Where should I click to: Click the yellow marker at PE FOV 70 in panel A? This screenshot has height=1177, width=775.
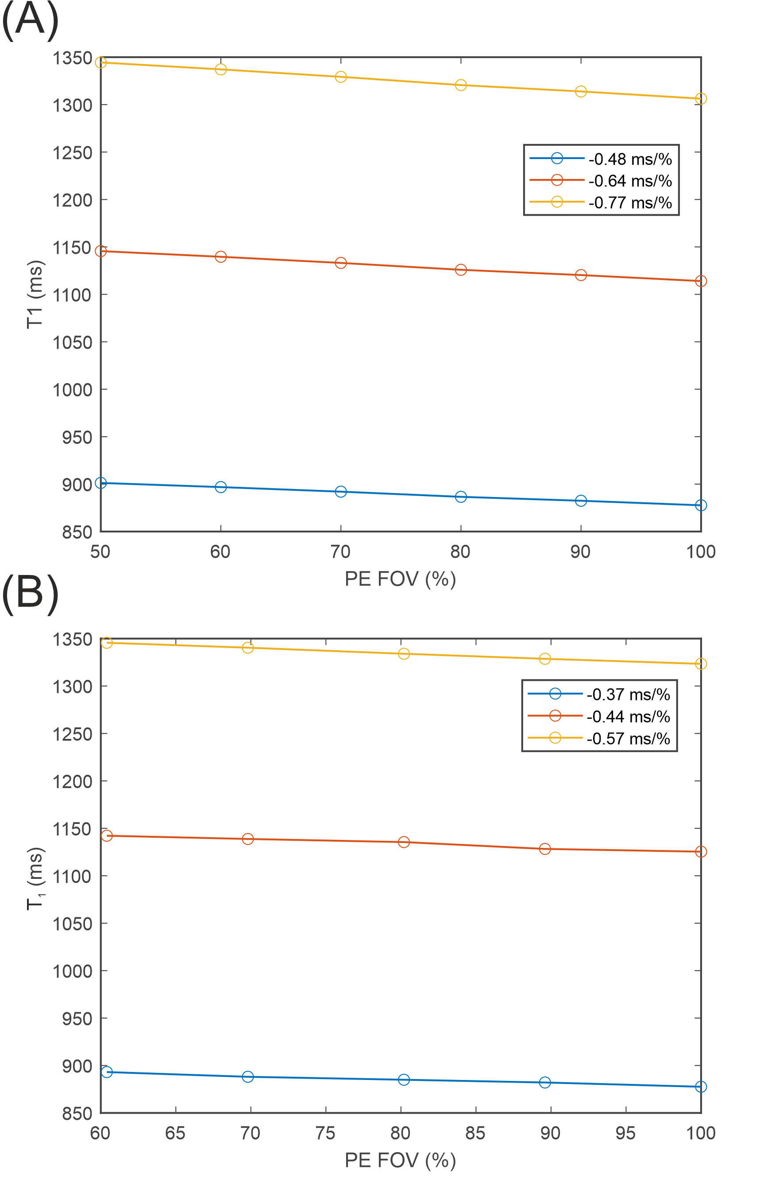pos(340,77)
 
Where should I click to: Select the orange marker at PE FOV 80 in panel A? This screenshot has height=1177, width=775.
pos(461,269)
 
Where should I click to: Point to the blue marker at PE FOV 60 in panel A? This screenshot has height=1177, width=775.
pos(221,487)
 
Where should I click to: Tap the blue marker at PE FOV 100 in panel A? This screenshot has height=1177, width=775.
pos(700,505)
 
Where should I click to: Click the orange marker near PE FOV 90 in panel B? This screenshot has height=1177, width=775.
pos(545,849)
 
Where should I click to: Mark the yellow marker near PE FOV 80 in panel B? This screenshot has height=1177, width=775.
pos(404,654)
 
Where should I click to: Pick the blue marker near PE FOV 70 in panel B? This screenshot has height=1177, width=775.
pos(247,1076)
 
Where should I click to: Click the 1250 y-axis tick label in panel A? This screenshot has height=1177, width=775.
pos(73,153)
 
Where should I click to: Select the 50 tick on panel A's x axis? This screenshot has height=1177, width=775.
pos(100,552)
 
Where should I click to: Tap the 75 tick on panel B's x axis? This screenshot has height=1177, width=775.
pos(325,1133)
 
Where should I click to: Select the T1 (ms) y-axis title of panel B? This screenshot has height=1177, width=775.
pos(35,879)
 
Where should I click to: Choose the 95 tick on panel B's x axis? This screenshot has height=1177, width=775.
pos(625,1133)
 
